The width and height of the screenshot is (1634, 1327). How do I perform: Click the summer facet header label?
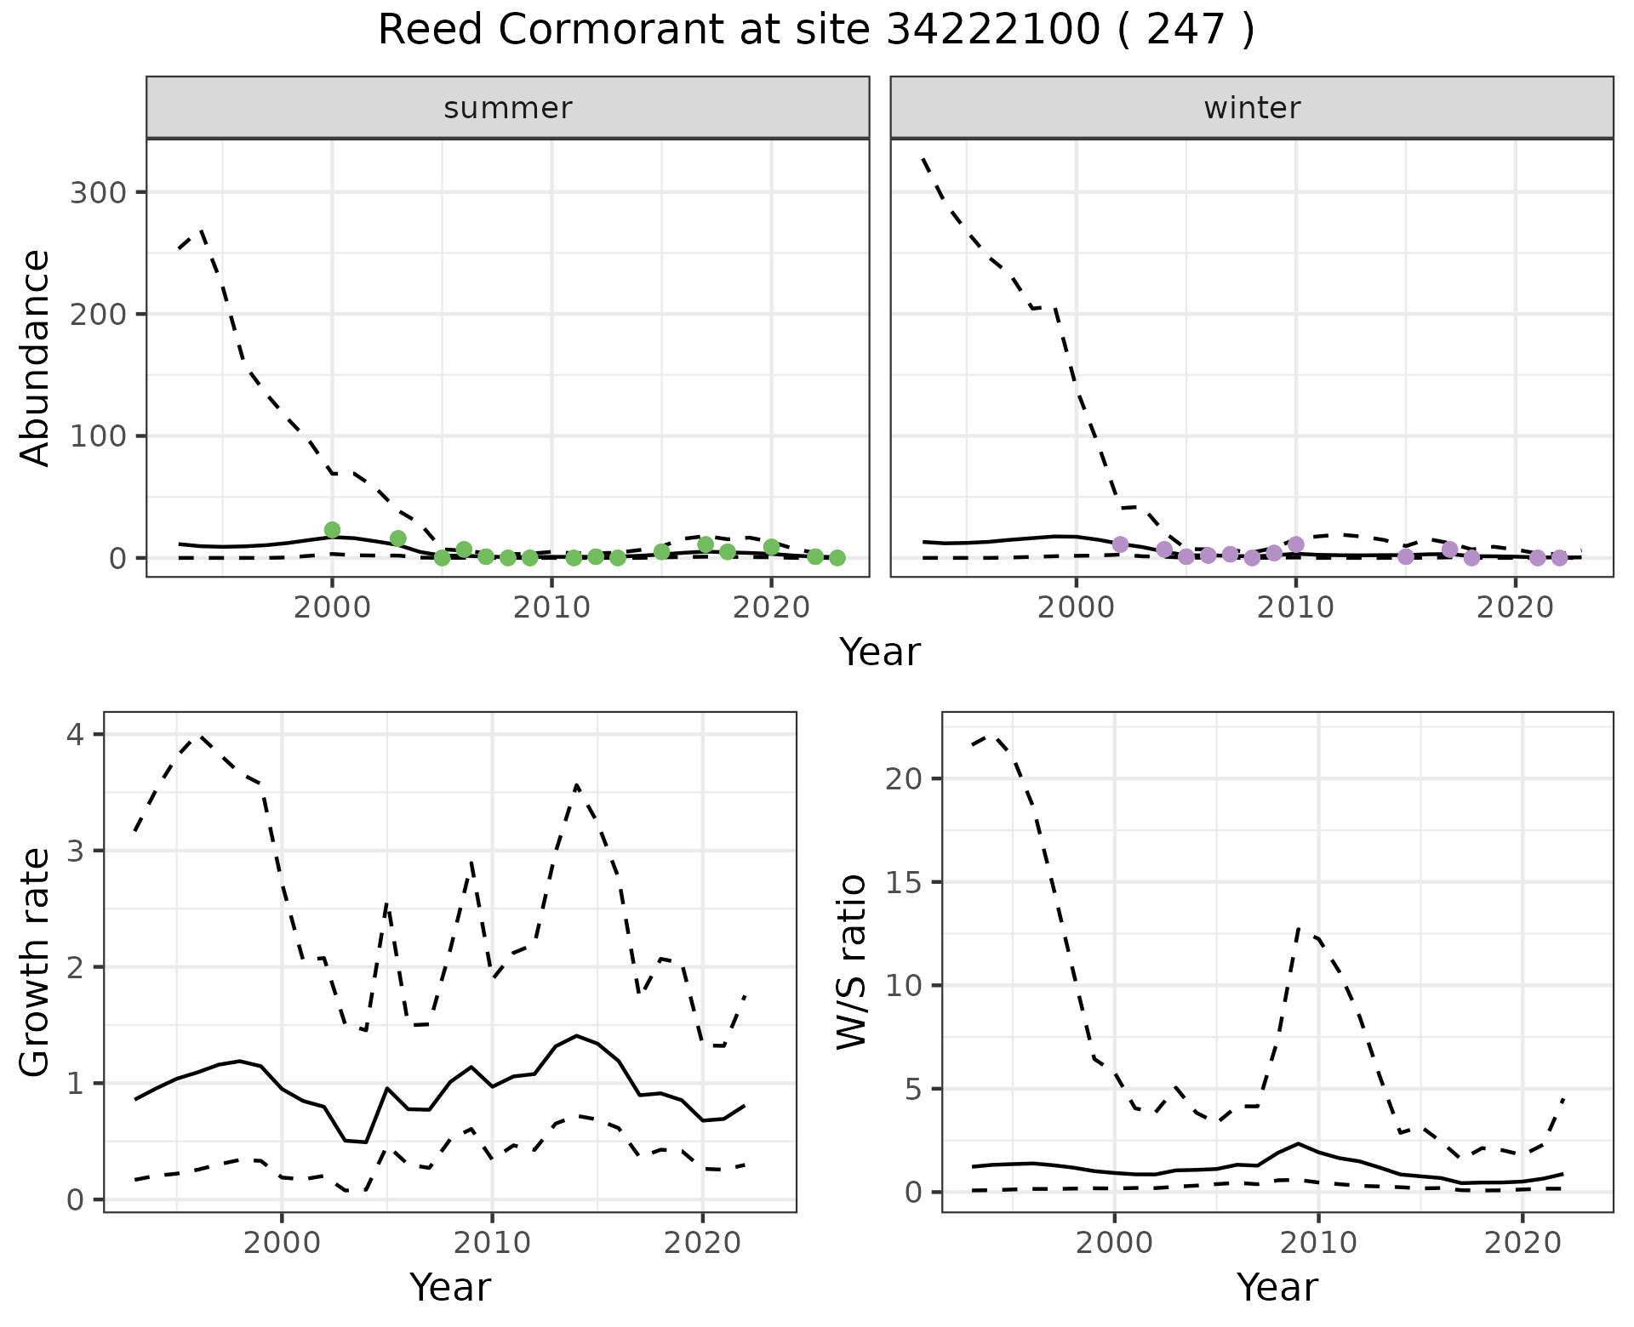coord(508,108)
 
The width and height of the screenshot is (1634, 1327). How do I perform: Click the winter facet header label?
coord(1252,108)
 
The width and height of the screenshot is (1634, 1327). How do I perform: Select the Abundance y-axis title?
coord(36,358)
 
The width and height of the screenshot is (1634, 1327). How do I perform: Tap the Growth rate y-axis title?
coord(36,963)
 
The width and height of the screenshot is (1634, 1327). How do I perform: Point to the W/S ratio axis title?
coord(852,962)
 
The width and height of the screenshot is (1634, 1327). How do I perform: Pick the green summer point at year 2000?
coord(332,530)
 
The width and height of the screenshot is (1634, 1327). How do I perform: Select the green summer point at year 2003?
coord(397,538)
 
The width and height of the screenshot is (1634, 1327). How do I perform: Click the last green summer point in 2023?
coord(837,558)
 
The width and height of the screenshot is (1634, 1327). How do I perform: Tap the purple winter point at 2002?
coord(1120,544)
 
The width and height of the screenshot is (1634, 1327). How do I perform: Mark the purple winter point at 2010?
coord(1296,544)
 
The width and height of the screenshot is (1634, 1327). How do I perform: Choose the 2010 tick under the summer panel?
coord(551,608)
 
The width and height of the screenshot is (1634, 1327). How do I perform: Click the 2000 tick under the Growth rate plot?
coord(282,1243)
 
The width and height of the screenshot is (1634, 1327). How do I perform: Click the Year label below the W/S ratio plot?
coord(1277,1287)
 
